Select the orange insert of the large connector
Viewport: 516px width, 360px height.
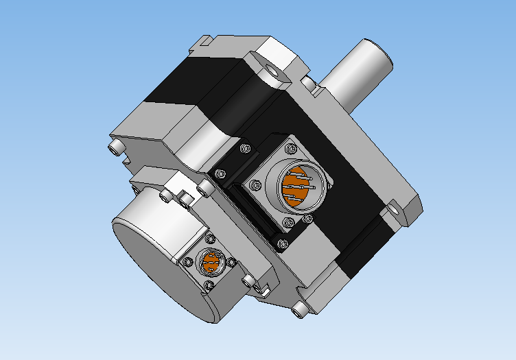point(296,187)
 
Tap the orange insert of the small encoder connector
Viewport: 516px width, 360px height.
point(211,262)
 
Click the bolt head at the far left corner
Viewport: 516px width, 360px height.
point(115,147)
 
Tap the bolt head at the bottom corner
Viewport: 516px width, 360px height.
point(298,311)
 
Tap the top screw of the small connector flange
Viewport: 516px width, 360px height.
point(209,239)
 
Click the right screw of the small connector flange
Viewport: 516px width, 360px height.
point(231,261)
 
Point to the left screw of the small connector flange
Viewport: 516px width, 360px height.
point(187,261)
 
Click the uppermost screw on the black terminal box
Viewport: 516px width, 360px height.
point(244,148)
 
